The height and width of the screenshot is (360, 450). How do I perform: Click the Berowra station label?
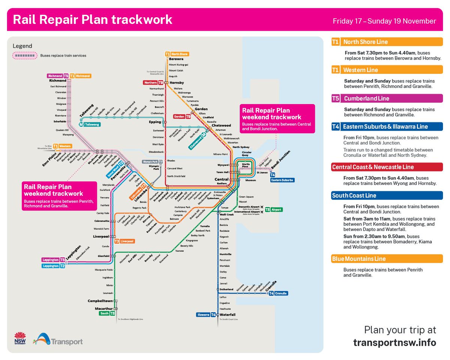click(176, 59)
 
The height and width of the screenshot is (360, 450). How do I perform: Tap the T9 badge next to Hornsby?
click(160, 82)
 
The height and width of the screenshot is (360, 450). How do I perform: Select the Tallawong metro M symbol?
click(81, 124)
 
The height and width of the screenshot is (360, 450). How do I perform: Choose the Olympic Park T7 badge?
click(160, 162)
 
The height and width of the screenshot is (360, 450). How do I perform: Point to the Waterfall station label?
click(227, 315)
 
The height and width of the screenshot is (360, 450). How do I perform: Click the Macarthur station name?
click(104, 309)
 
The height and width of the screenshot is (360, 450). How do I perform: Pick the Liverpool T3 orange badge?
click(117, 241)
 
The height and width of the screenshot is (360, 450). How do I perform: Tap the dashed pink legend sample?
click(25, 55)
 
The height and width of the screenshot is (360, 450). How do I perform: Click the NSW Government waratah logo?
click(20, 338)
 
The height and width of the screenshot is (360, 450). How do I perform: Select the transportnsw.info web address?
click(394, 343)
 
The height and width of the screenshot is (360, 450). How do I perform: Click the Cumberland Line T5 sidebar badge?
click(336, 99)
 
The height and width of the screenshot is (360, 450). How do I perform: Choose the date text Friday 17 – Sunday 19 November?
click(384, 21)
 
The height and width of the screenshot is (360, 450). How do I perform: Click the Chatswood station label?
click(221, 125)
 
